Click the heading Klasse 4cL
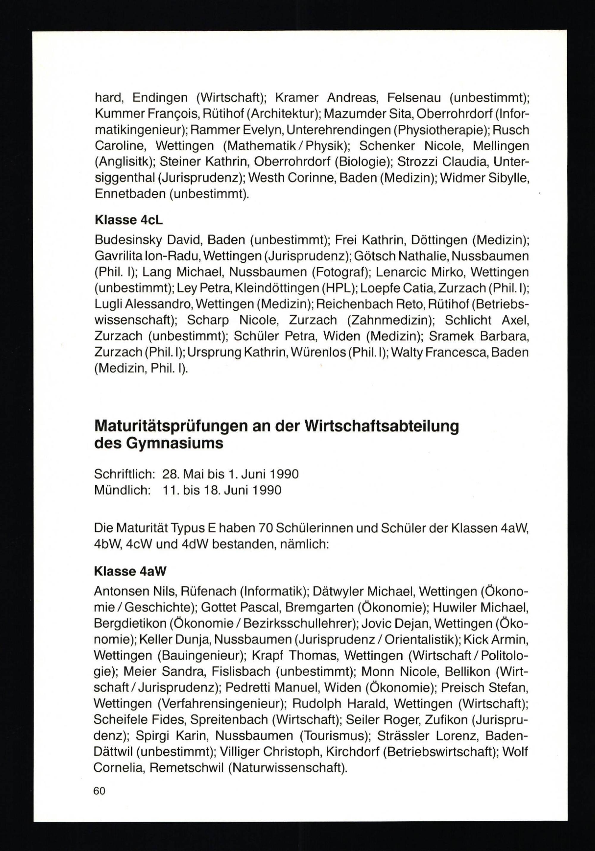pyautogui.click(x=129, y=220)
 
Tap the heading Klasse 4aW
pyautogui.click(x=130, y=571)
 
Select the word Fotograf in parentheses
pyautogui.click(x=341, y=272)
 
